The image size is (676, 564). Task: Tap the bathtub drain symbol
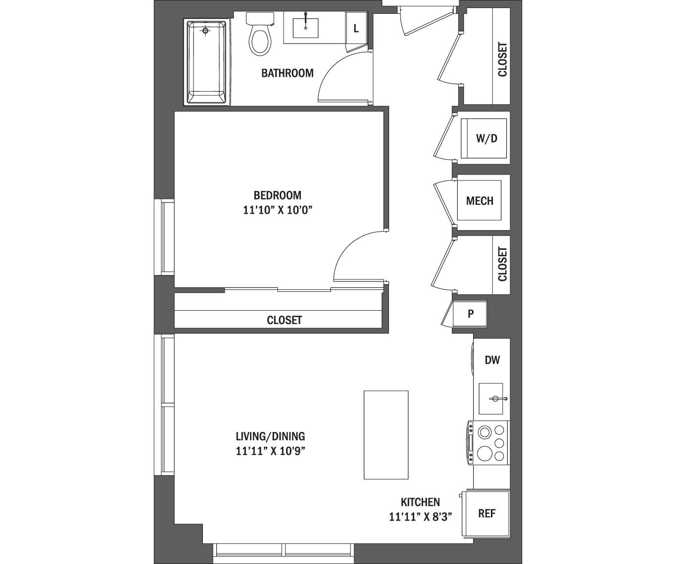(x=205, y=31)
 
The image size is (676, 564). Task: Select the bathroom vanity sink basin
(x=305, y=28)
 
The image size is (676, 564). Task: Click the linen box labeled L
(x=356, y=29)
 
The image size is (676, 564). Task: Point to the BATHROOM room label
(x=287, y=73)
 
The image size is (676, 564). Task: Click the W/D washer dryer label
(x=486, y=139)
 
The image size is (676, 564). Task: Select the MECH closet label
(x=480, y=201)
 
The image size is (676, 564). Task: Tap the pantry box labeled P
(x=470, y=314)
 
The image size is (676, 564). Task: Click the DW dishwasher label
(x=492, y=360)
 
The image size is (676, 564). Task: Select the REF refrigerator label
(x=486, y=514)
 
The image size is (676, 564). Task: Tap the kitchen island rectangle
(x=386, y=434)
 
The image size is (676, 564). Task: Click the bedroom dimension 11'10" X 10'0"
(x=278, y=210)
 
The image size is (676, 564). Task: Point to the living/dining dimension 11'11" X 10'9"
(x=270, y=451)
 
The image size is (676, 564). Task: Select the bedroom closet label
(x=284, y=320)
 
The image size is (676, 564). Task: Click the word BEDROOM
(x=278, y=195)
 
